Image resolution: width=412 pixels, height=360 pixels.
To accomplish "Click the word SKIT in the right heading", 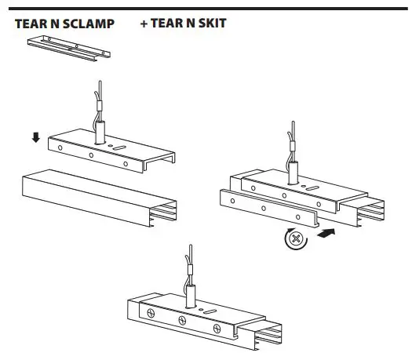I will click(x=213, y=24).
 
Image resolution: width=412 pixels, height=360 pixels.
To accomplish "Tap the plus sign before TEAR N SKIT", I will click(x=144, y=24).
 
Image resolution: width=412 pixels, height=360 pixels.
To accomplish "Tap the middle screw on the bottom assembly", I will click(x=181, y=320).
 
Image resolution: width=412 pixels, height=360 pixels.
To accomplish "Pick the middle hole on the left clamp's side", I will click(x=91, y=155).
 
